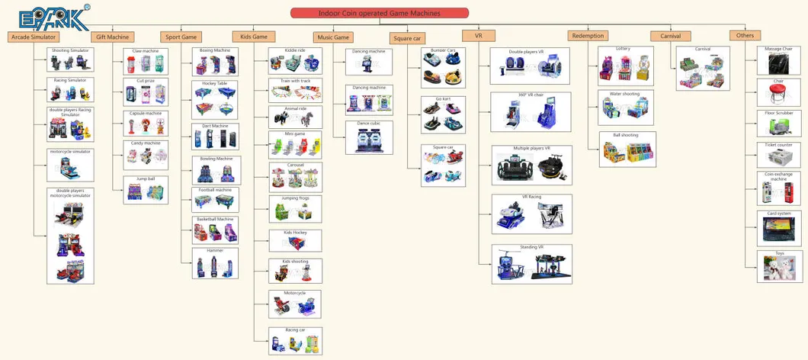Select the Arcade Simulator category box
(32, 36)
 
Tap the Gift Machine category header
(112, 36)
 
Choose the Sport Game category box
(180, 37)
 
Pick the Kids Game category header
(254, 36)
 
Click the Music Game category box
(332, 37)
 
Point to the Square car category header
(407, 37)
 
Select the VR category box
(479, 35)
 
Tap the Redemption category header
(587, 35)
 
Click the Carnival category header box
(670, 35)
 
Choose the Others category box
(745, 35)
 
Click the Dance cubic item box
(368, 137)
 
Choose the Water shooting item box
(624, 108)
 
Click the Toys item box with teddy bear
(779, 265)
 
